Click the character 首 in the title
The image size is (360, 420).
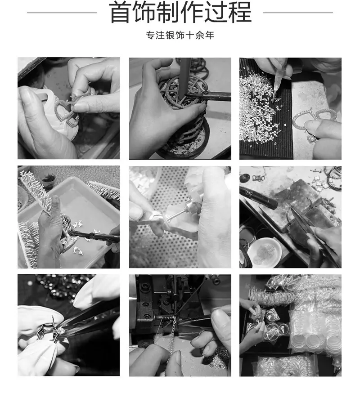point(120,12)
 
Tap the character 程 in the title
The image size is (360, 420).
point(239,12)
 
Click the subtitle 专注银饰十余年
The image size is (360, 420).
point(180,35)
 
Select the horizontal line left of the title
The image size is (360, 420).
point(62,13)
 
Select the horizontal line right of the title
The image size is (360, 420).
point(298,13)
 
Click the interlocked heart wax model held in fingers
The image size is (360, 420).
point(67,110)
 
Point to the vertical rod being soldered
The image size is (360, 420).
point(185,78)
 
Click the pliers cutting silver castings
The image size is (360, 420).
point(91,236)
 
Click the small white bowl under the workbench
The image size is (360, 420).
point(264,251)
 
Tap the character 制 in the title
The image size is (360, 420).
point(168,12)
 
